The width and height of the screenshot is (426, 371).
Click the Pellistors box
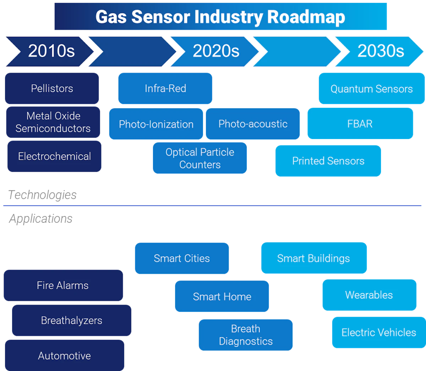click(x=52, y=88)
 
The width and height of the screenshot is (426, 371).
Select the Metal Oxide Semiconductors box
click(x=53, y=122)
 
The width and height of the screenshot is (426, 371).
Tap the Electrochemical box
click(x=54, y=156)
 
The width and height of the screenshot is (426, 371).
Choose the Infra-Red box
click(x=165, y=88)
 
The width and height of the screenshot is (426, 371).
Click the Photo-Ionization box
click(x=156, y=124)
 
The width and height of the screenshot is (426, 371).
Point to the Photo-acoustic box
click(x=253, y=124)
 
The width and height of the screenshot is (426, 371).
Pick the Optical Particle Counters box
click(x=200, y=158)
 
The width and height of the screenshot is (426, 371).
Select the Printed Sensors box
click(x=328, y=161)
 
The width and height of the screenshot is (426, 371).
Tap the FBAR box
click(x=360, y=124)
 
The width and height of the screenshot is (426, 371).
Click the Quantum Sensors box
click(x=371, y=89)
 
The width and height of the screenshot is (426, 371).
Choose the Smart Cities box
click(x=182, y=258)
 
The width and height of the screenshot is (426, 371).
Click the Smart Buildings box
click(x=314, y=258)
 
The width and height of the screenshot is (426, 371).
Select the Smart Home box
click(x=222, y=296)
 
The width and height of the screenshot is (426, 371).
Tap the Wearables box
click(x=369, y=295)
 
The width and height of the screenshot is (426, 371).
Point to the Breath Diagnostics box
click(x=246, y=335)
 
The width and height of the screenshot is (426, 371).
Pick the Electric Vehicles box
click(x=378, y=332)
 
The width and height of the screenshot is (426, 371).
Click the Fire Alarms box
click(x=63, y=285)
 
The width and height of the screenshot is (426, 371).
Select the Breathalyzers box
click(x=72, y=320)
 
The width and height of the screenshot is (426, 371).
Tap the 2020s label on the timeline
click(x=216, y=51)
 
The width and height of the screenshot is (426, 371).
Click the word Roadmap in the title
click(x=306, y=17)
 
